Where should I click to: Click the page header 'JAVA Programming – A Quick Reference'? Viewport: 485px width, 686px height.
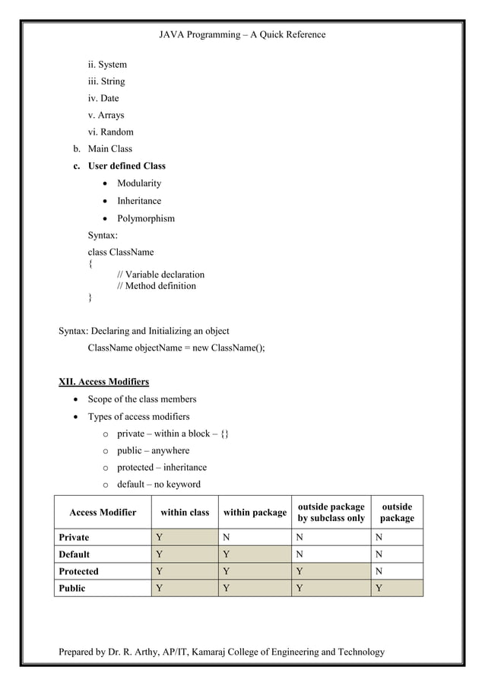tap(242, 34)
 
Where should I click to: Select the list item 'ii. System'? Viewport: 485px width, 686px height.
tap(107, 65)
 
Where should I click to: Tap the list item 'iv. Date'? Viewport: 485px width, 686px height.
tap(103, 98)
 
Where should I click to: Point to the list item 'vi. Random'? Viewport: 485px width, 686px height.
tap(111, 132)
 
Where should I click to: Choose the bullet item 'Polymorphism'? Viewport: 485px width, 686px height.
tap(145, 218)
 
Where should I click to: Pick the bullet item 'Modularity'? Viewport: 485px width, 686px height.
tap(139, 183)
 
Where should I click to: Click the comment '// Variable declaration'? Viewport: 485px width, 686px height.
tap(160, 275)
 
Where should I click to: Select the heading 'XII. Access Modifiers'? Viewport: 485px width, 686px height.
tap(104, 381)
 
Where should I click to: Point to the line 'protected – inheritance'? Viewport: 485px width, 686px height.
tap(161, 467)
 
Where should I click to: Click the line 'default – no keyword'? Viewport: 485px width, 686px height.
tap(158, 484)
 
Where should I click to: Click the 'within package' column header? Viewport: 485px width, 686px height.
tap(255, 513)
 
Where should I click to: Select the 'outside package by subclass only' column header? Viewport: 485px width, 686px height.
tap(331, 513)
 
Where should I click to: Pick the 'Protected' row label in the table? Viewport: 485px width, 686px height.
tap(78, 571)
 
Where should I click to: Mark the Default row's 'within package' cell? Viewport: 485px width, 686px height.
tap(255, 554)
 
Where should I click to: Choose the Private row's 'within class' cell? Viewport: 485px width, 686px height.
tap(184, 538)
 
